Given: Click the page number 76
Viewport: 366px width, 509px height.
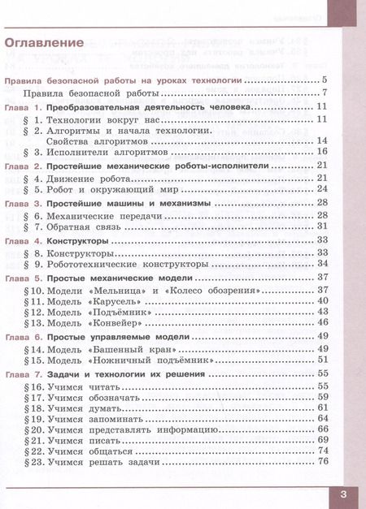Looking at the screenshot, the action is (321, 462).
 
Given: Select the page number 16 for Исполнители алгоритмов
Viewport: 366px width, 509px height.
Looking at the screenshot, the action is (321, 151).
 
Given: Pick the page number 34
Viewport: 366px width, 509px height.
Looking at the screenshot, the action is (321, 264).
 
